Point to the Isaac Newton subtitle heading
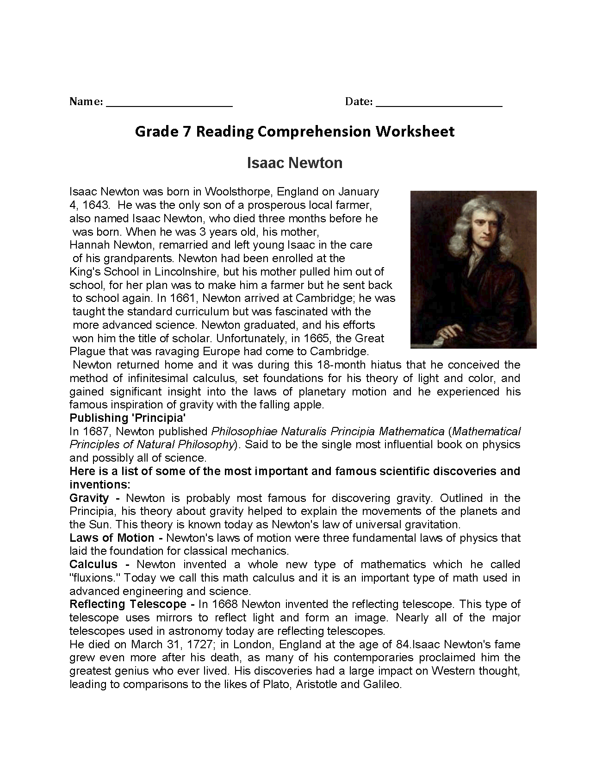tap(295, 163)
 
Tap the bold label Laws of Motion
tap(112, 538)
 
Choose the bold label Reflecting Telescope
tap(128, 605)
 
